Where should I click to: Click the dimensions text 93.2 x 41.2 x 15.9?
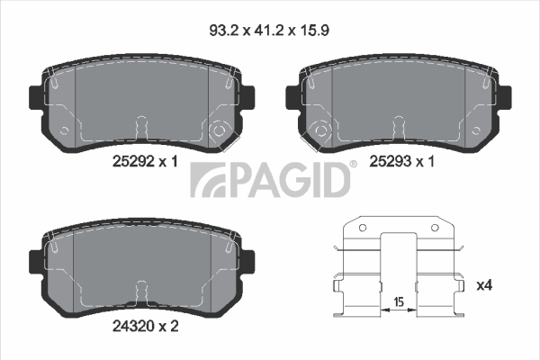269,31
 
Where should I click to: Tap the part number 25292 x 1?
145,161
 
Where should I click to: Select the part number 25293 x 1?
402,161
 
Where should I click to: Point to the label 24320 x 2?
146,326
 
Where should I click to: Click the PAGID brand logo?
270,179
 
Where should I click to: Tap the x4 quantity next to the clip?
484,285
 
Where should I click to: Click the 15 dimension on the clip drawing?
399,302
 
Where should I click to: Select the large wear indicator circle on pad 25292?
219,130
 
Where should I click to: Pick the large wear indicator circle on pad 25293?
321,130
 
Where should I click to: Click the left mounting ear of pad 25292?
35,98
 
